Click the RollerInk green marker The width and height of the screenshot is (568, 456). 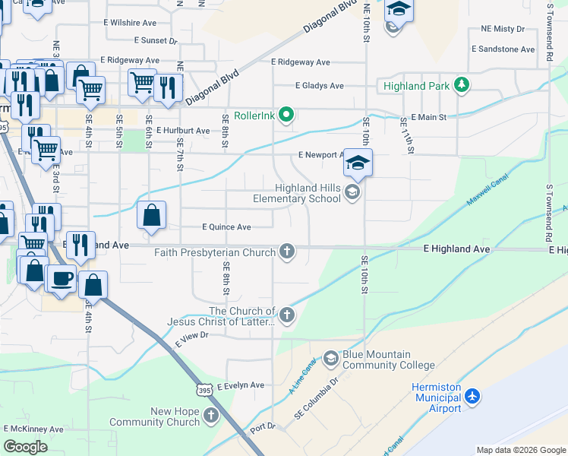click(x=286, y=116)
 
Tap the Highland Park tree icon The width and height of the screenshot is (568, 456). click(x=461, y=85)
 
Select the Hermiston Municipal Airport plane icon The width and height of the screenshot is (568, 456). click(x=473, y=397)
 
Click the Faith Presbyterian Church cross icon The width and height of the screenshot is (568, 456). click(x=286, y=251)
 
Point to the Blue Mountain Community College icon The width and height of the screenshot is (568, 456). click(x=330, y=358)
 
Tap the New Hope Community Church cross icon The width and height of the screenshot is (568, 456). click(x=210, y=416)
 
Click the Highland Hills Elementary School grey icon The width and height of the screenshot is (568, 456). click(x=352, y=192)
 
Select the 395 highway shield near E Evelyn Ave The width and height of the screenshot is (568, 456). click(x=203, y=390)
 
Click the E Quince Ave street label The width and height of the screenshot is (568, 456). click(x=226, y=226)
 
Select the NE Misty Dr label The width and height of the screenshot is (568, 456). click(x=503, y=29)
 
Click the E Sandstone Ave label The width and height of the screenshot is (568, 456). click(x=503, y=49)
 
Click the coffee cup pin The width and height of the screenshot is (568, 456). click(x=62, y=277)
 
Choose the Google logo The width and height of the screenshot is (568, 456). click(x=25, y=447)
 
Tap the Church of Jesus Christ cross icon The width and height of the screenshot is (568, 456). click(x=286, y=315)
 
